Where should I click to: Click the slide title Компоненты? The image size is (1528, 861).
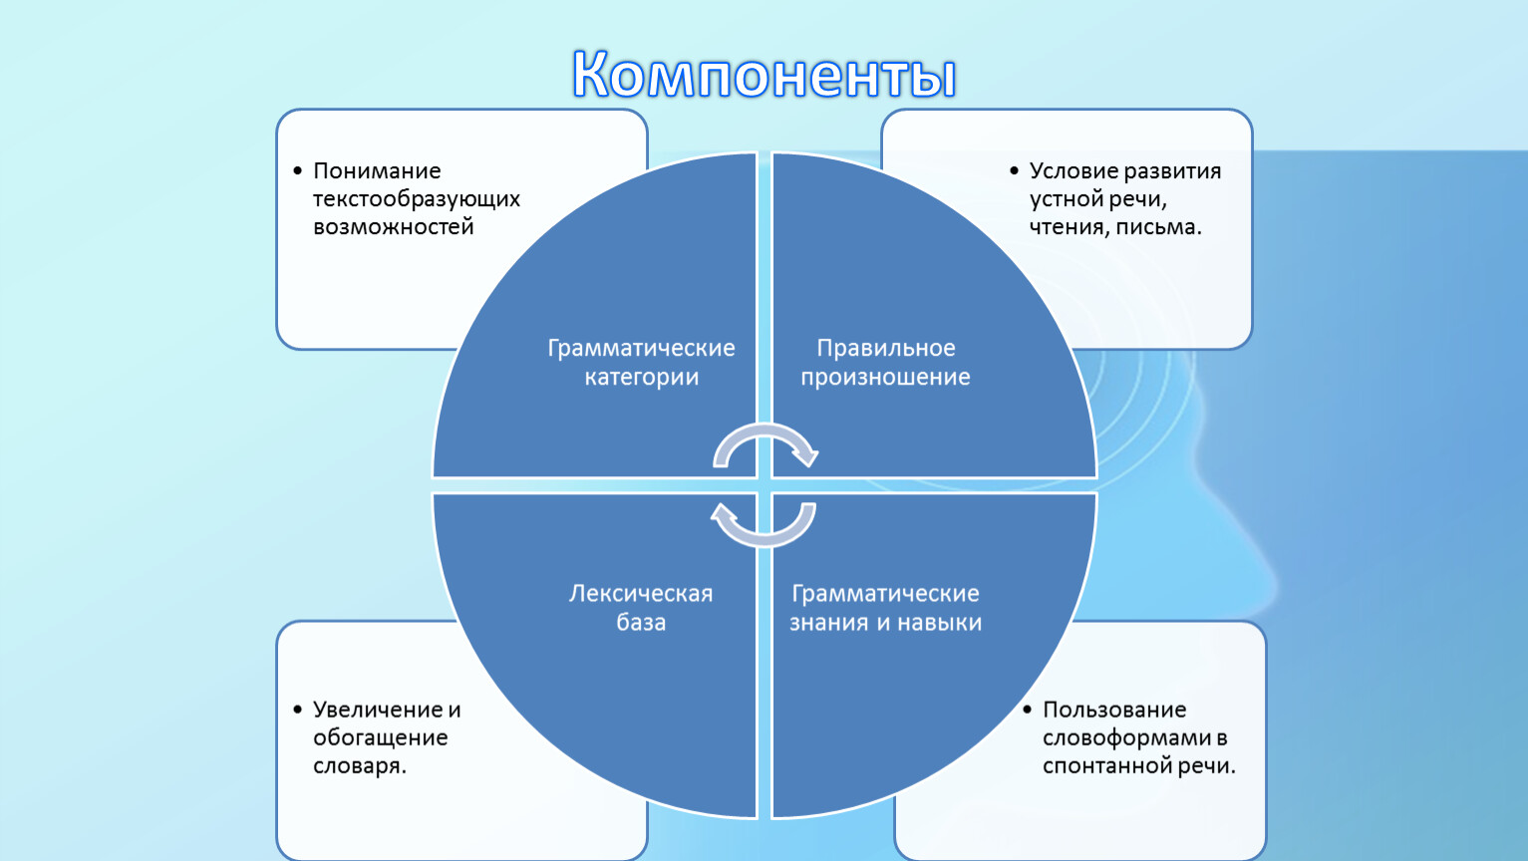pos(764,75)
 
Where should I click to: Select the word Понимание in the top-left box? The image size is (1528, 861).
pos(377,170)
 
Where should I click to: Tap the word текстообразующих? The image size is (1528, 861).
pos(416,199)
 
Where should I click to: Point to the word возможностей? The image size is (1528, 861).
pos(393,226)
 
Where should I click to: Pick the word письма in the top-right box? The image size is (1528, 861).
pos(1158,227)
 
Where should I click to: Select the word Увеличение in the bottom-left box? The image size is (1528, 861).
pos(377,710)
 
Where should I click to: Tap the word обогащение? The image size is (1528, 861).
pos(380,738)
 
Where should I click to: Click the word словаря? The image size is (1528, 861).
pos(360,766)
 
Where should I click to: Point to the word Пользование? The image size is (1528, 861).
pos(1114,710)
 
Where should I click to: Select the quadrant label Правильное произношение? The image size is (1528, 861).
pos(885,363)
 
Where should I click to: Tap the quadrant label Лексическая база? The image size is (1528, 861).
pos(641,608)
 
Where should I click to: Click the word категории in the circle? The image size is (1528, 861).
pos(641,378)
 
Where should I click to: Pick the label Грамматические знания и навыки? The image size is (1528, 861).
pos(885,608)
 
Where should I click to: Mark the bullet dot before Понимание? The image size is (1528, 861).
pos(297,170)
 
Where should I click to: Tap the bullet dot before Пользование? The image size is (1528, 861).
pos(1028,710)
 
